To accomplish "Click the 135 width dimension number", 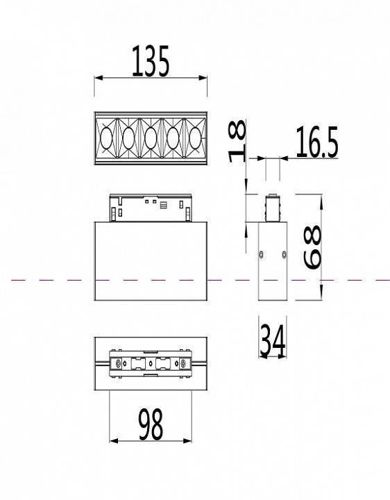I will (x=150, y=62).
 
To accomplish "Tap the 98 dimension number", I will (x=151, y=425).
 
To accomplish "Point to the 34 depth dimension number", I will (x=272, y=340).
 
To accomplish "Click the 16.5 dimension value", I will (x=316, y=144).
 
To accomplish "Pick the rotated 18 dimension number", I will (x=237, y=141).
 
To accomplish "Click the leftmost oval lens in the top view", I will (x=107, y=138).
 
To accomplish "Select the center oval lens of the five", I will (x=150, y=138).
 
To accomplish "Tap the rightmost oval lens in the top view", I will (x=194, y=138).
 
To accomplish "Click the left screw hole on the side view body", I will (x=261, y=253).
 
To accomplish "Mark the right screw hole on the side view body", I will (x=284, y=253).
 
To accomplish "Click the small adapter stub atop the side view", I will (x=273, y=208).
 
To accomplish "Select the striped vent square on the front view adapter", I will (x=164, y=205).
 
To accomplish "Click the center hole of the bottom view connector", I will (x=151, y=363).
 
